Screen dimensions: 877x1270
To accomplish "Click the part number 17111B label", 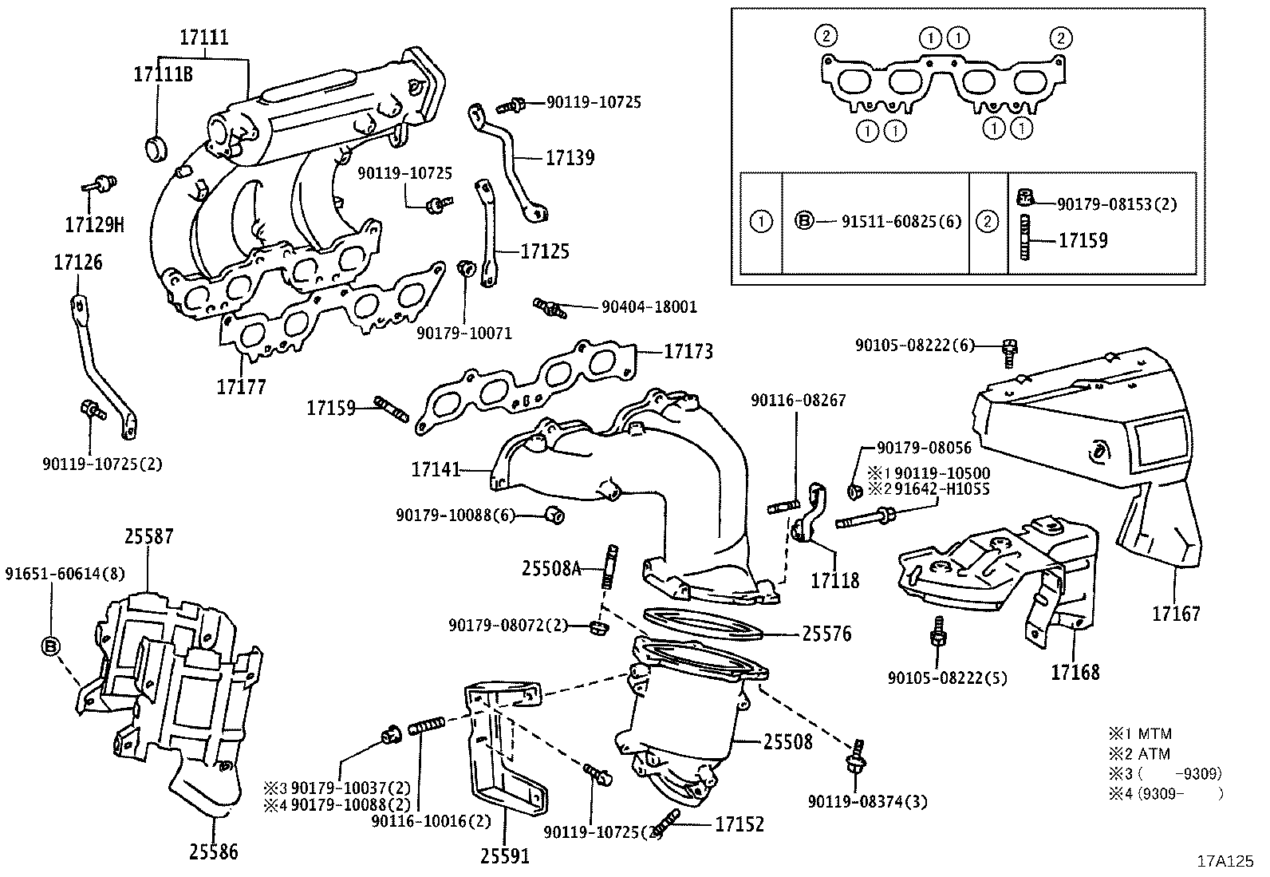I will point(163,74).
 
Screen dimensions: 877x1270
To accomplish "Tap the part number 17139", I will point(570,158).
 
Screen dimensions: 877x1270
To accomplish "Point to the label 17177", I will point(241,387).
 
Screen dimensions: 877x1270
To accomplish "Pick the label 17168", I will point(1075,672).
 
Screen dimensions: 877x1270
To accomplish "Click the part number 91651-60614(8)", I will point(65,573).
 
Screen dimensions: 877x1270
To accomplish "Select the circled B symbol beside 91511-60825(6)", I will point(804,221).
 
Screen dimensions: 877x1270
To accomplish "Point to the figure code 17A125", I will point(1225,861).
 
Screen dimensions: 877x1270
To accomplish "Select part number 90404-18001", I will point(649,306).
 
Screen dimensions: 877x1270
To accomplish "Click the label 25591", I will point(504,857).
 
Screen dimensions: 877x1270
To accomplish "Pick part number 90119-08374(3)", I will point(867,801).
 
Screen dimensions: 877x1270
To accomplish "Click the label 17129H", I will point(95,225).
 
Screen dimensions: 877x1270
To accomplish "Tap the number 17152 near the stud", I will point(739,824).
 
